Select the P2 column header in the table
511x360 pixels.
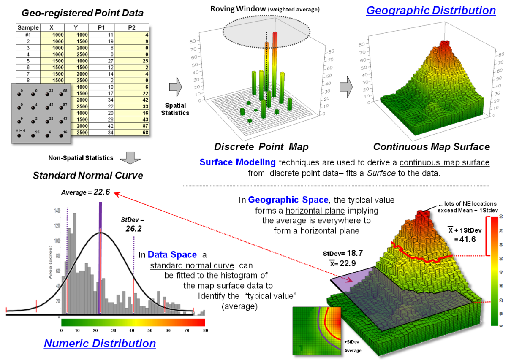click(131, 28)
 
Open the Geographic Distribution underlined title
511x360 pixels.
click(431, 10)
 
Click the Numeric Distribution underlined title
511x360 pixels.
click(100, 343)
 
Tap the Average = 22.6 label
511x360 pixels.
click(85, 192)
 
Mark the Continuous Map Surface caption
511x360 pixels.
click(431, 147)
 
